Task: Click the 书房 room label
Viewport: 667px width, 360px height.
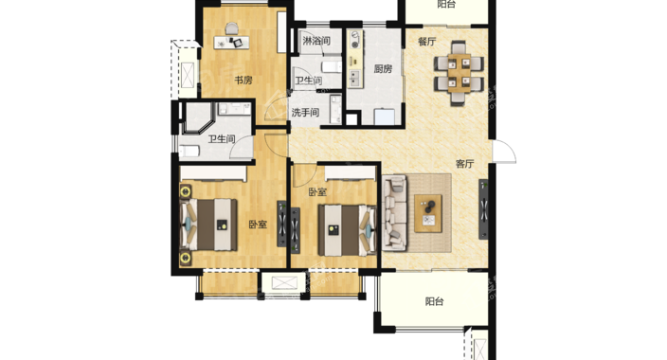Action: coord(243,80)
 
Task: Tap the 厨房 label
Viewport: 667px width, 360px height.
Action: coord(383,69)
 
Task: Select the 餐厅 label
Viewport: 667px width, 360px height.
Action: coord(426,42)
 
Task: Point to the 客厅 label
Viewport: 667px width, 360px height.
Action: coord(464,164)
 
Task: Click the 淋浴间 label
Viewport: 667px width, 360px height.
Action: coord(316,42)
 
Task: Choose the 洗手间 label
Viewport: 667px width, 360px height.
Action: coord(305,113)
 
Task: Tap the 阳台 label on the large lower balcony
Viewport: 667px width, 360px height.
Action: coord(434,301)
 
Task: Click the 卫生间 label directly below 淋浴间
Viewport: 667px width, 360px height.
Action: coord(309,81)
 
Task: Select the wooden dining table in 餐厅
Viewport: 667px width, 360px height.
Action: coord(459,73)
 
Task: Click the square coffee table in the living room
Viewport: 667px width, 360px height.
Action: coord(428,213)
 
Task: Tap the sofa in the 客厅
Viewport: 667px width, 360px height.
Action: coord(395,213)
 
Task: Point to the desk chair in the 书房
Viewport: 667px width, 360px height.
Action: coord(232,28)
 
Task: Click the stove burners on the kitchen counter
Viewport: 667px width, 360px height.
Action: coord(354,39)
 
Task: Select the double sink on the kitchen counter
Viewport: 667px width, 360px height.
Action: coord(354,79)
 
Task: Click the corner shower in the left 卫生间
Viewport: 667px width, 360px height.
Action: coord(199,118)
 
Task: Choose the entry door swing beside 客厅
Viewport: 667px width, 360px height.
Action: coord(504,152)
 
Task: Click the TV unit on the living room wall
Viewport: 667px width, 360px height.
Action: coord(483,209)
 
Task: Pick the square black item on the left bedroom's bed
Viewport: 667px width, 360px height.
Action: coord(222,225)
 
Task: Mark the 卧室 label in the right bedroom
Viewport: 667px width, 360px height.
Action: coord(317,192)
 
